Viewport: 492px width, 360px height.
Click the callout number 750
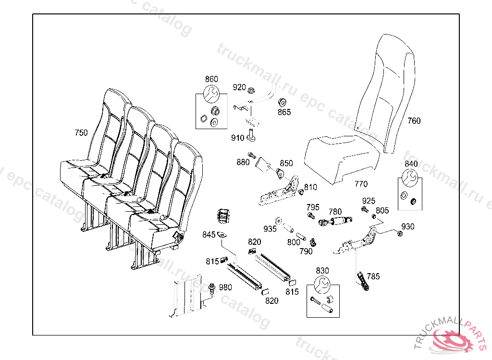[81, 132]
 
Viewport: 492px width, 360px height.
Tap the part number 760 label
[414, 121]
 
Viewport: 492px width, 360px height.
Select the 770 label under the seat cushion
[361, 184]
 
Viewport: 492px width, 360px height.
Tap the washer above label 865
[283, 102]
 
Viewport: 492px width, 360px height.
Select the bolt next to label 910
[251, 137]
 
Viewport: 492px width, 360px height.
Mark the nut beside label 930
[399, 233]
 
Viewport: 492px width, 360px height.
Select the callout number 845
[209, 235]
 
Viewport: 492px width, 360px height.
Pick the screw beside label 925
[364, 209]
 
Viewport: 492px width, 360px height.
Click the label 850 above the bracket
[286, 163]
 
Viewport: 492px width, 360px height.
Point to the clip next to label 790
[312, 241]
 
